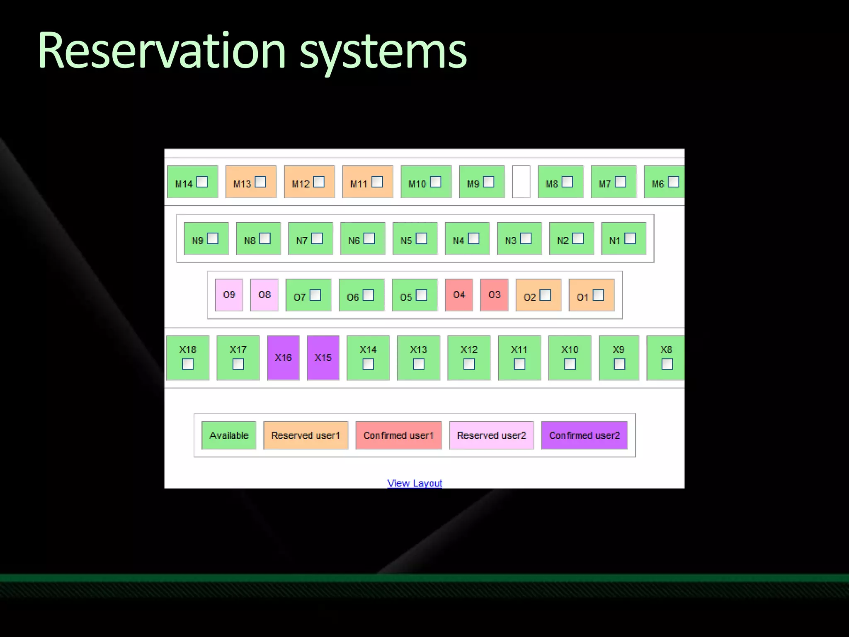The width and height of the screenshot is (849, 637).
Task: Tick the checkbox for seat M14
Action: [x=202, y=182]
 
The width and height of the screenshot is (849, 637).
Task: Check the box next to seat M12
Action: [x=319, y=182]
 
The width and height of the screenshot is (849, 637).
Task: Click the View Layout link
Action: [x=415, y=483]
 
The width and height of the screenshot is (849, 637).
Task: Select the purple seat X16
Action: [x=283, y=357]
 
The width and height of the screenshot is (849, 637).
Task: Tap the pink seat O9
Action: [x=229, y=295]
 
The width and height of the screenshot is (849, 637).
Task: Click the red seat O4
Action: [x=459, y=295]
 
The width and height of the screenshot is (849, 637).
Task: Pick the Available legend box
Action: [x=229, y=435]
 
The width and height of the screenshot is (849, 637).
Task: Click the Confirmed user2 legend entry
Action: [x=585, y=435]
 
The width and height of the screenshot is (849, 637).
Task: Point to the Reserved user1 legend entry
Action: [x=306, y=435]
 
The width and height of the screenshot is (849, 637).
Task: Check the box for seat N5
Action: [x=422, y=238]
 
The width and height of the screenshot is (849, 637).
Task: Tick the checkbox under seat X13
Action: [x=419, y=364]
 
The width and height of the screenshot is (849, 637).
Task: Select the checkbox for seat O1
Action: [x=598, y=295]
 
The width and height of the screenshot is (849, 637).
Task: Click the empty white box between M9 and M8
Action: [x=521, y=182]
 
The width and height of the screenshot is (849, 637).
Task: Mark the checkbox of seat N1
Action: [x=630, y=238]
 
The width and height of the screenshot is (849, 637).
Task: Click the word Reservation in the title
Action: [x=162, y=51]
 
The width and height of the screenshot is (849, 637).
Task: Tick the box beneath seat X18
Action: [x=188, y=364]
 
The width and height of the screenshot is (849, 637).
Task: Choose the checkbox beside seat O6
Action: [x=368, y=295]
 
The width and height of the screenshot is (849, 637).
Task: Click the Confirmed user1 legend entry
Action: [x=398, y=435]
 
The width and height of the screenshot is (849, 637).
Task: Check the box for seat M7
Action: [x=621, y=182]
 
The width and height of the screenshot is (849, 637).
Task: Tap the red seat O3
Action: [x=494, y=295]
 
